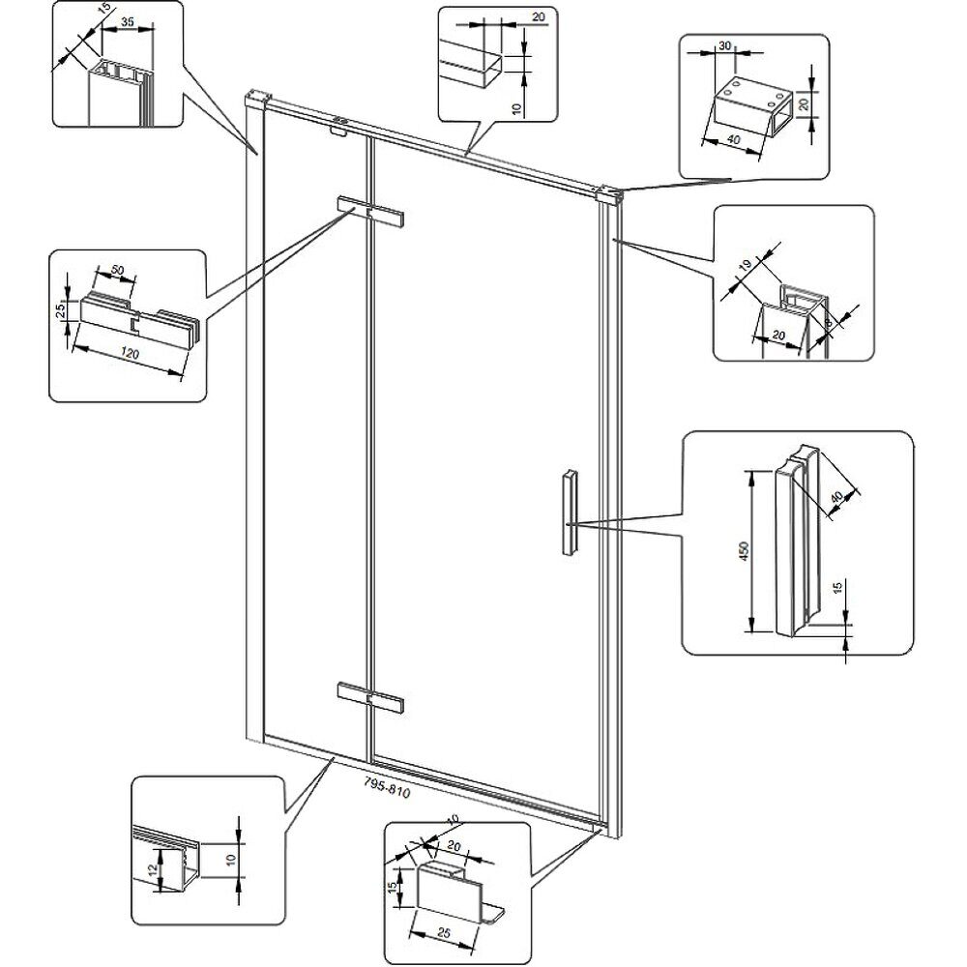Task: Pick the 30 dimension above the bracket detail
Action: click(724, 46)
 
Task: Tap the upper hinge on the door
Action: click(369, 212)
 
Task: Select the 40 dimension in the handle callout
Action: click(836, 496)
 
